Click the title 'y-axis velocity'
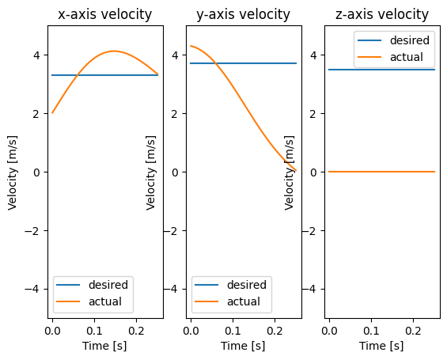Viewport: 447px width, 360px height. click(243, 14)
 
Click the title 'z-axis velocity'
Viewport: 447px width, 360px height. click(381, 14)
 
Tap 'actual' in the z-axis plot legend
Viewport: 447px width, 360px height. click(406, 57)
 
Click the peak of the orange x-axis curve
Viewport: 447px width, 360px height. click(115, 51)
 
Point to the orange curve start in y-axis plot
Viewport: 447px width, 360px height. click(191, 46)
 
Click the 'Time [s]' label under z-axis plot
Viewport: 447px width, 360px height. click(381, 346)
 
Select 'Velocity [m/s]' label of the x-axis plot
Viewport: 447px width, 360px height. click(13, 172)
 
